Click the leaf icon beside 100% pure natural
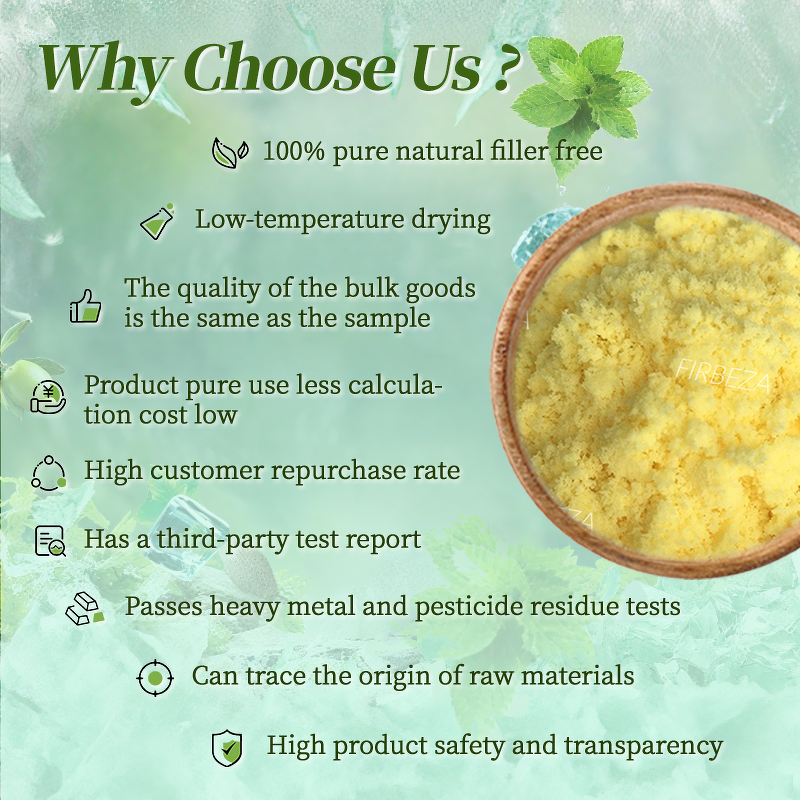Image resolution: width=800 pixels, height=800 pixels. click(x=230, y=152)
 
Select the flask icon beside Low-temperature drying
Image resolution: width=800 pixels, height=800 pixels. click(x=157, y=221)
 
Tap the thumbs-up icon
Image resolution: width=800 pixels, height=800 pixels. click(x=86, y=305)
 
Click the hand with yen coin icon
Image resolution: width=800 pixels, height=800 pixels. click(x=48, y=397)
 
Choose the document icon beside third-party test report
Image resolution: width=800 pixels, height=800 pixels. click(x=49, y=541)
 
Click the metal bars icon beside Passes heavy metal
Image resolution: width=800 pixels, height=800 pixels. click(x=85, y=607)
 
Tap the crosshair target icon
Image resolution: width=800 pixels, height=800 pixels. click(x=154, y=678)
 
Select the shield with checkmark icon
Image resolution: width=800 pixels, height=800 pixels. click(x=227, y=747)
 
